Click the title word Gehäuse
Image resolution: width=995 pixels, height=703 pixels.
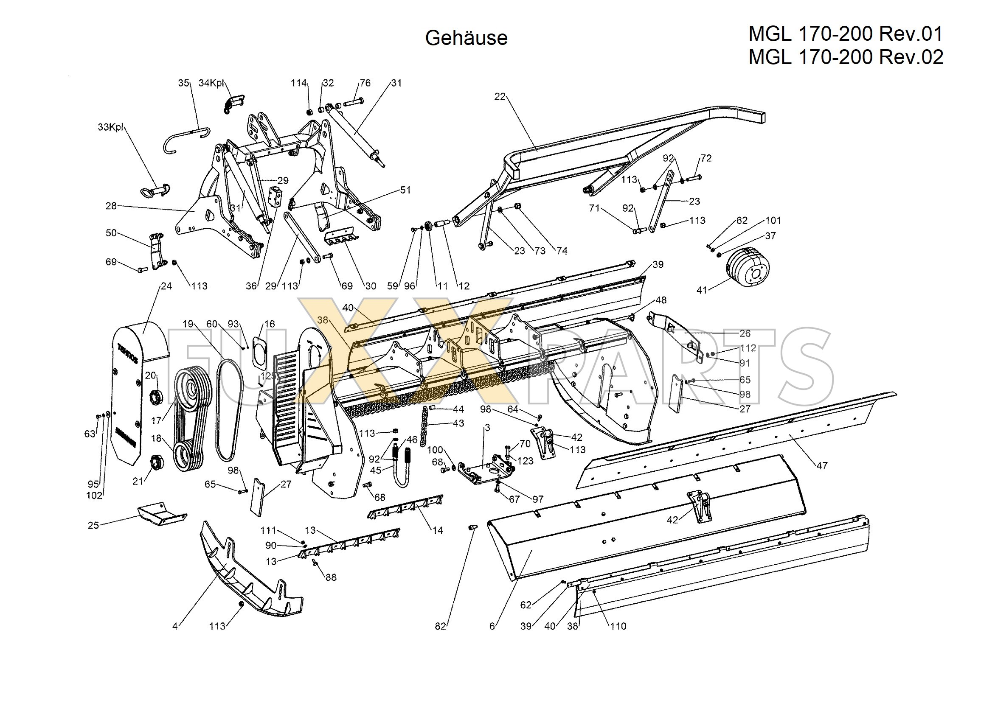tap(466, 38)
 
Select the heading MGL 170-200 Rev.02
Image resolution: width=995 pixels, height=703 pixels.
tap(846, 57)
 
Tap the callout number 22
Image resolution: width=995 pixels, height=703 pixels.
tap(500, 97)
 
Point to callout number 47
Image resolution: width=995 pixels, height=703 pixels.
tap(822, 466)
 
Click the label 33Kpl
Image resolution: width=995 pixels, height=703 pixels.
tap(110, 127)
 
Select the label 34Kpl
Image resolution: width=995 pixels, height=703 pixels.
tap(211, 83)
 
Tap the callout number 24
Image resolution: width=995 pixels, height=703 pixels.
tap(166, 286)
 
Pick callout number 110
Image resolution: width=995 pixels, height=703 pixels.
tap(618, 626)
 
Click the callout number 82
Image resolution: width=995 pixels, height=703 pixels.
tap(440, 626)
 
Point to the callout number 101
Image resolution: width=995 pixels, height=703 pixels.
tap(773, 221)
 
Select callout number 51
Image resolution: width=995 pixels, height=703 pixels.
tap(405, 190)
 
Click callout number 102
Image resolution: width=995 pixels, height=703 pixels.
tap(94, 495)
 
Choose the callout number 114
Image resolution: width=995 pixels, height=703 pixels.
tap(298, 83)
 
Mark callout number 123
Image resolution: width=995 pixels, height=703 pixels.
tap(525, 460)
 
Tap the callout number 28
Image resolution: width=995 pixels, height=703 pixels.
tap(111, 206)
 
